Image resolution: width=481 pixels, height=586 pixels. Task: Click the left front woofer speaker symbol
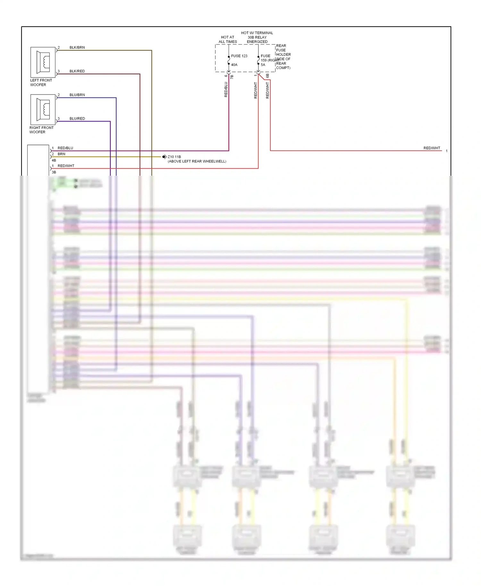pyautogui.click(x=43, y=62)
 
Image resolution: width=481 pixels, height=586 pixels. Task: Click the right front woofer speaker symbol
pyautogui.click(x=43, y=110)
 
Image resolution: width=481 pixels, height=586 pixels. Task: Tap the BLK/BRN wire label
pyautogui.click(x=77, y=47)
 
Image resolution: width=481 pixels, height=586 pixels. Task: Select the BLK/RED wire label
pyautogui.click(x=77, y=71)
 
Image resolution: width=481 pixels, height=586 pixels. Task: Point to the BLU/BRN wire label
pyautogui.click(x=77, y=95)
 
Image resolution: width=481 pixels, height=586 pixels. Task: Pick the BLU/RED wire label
pyautogui.click(x=77, y=119)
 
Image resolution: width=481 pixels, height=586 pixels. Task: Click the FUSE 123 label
pyautogui.click(x=239, y=56)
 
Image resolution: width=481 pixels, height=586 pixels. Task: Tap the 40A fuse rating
pyautogui.click(x=234, y=65)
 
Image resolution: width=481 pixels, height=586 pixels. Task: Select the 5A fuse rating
pyautogui.click(x=263, y=65)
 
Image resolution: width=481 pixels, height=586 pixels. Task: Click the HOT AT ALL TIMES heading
pyautogui.click(x=228, y=39)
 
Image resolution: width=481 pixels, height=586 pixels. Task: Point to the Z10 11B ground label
pyautogui.click(x=174, y=157)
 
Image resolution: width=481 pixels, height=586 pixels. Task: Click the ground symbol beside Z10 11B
pyautogui.click(x=164, y=157)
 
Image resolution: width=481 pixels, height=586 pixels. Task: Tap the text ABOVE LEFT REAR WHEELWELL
pyautogui.click(x=197, y=162)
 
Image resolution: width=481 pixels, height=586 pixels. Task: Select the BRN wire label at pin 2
pyautogui.click(x=61, y=154)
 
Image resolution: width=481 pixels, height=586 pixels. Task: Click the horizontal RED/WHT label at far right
pyautogui.click(x=432, y=148)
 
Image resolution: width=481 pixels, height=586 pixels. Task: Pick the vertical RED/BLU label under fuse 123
pyautogui.click(x=226, y=89)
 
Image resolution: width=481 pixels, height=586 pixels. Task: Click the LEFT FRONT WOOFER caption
pyautogui.click(x=41, y=83)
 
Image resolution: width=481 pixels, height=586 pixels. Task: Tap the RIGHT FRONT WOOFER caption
pyautogui.click(x=41, y=130)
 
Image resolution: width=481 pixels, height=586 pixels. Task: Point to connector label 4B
pyautogui.click(x=54, y=160)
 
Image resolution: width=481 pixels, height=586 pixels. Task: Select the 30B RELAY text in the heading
pyautogui.click(x=257, y=38)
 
